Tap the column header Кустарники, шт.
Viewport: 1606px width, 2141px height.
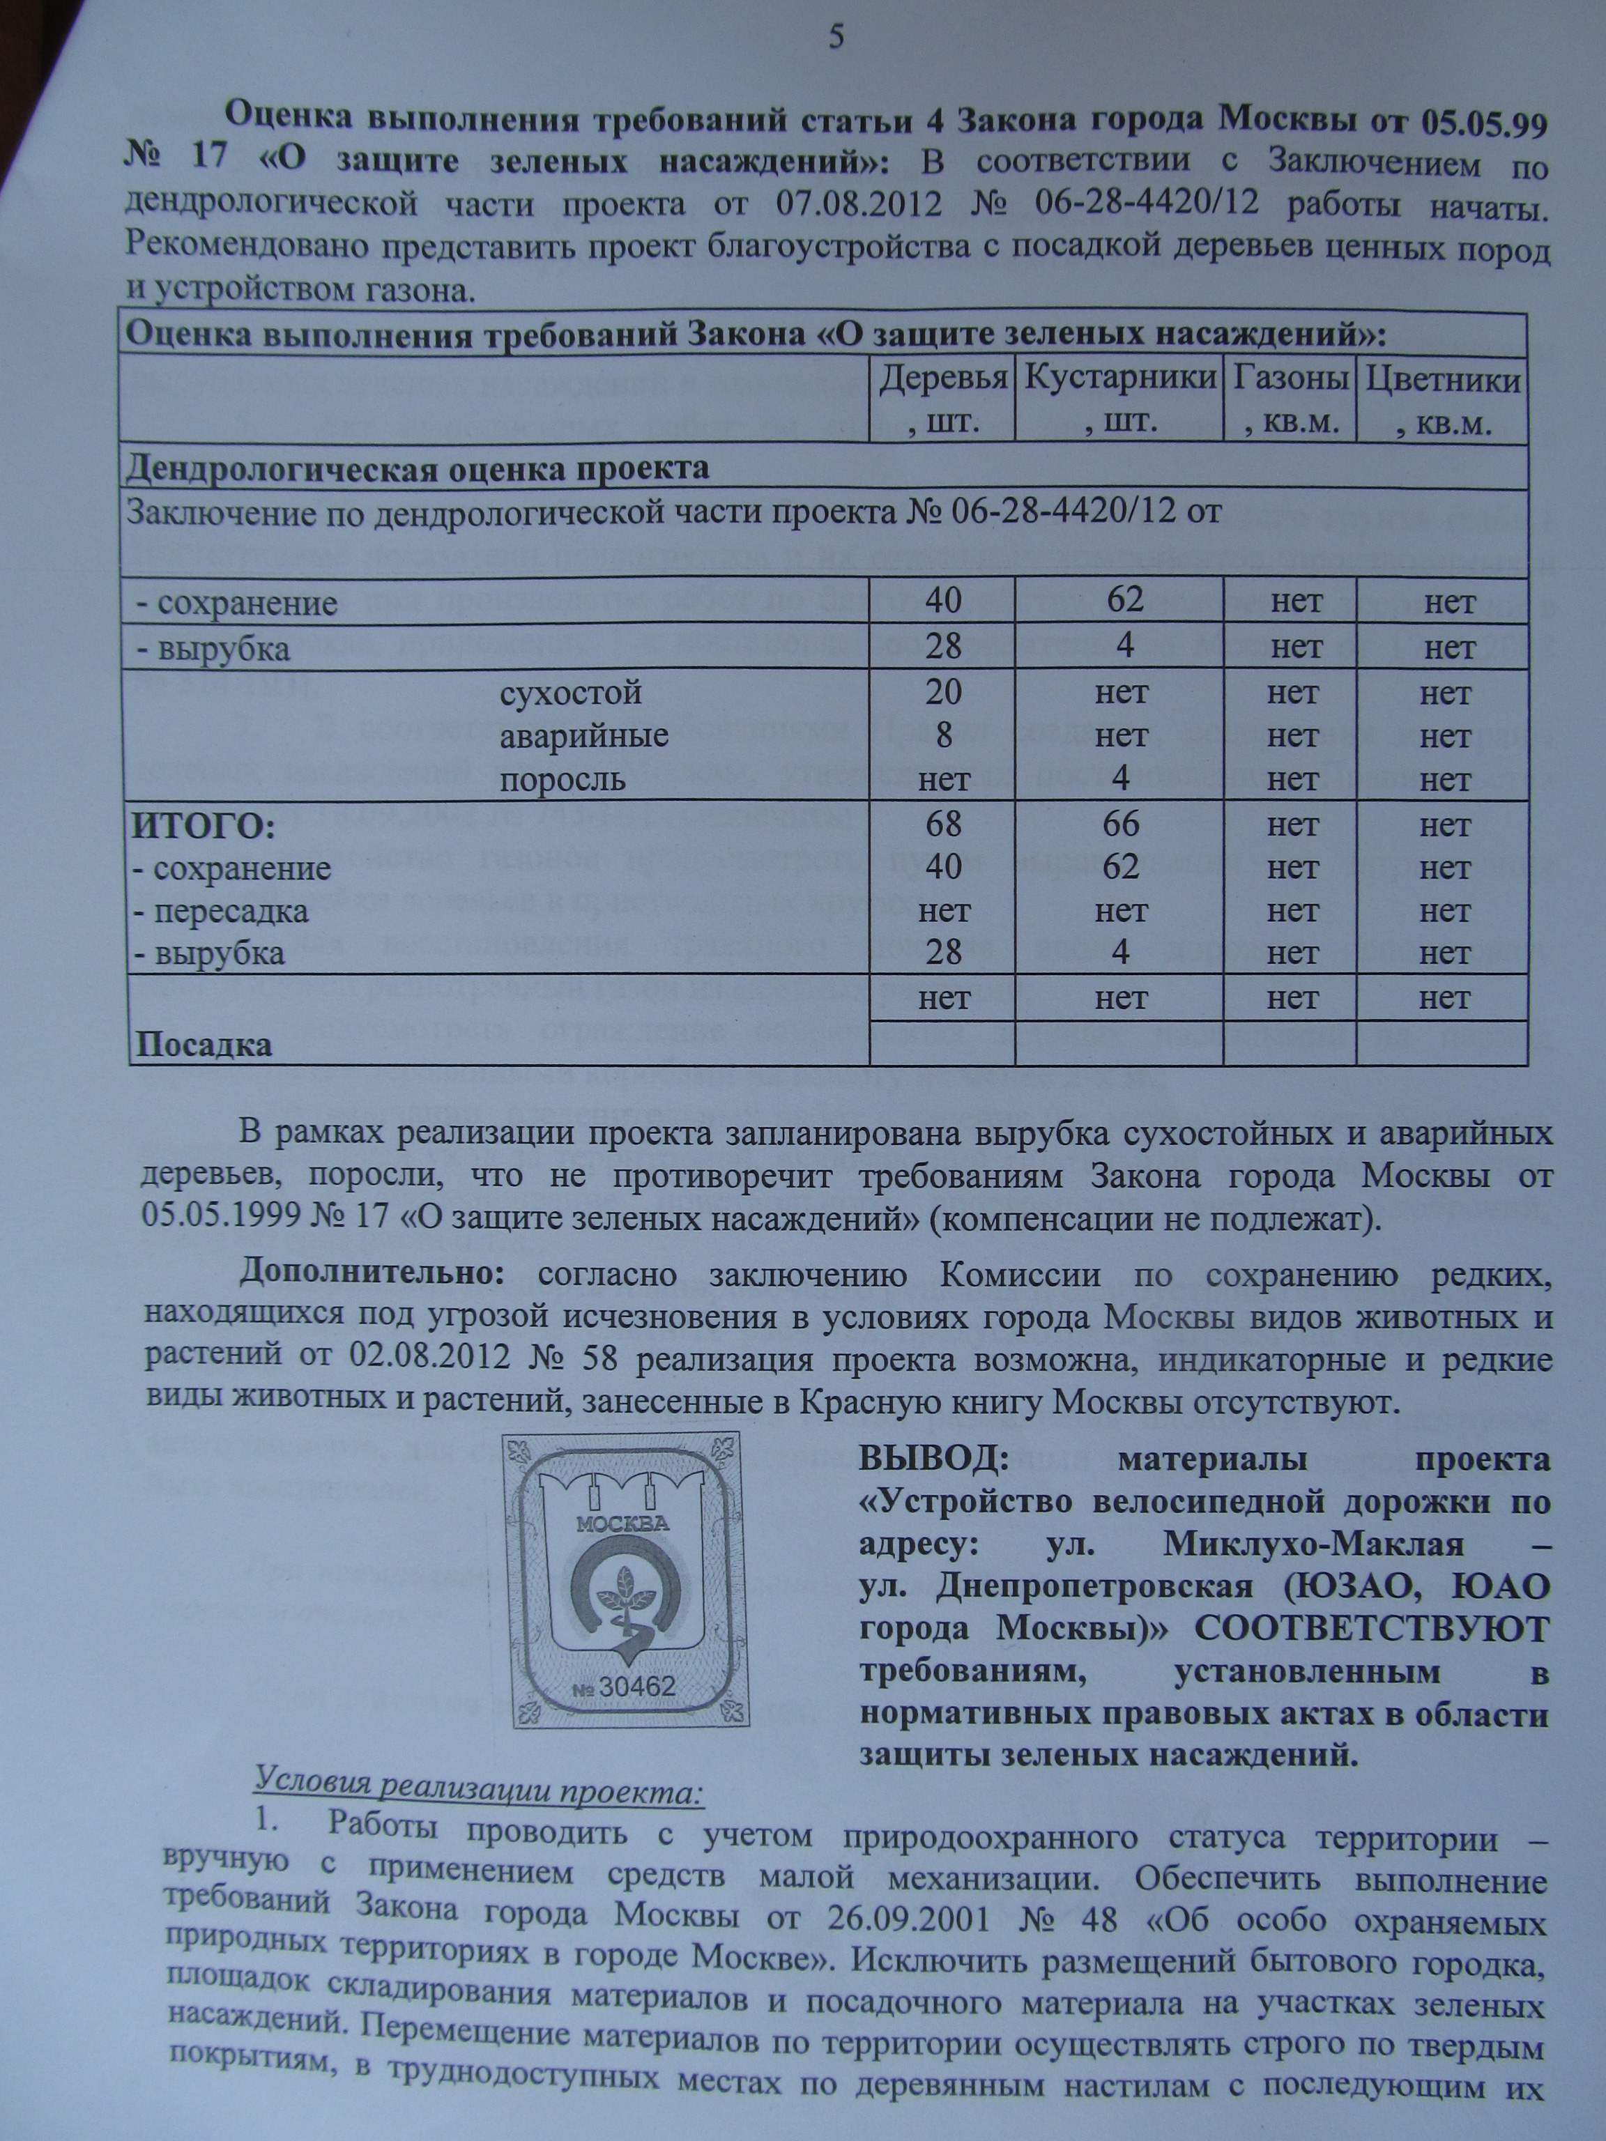point(1120,399)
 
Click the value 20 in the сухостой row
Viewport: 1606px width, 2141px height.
point(943,693)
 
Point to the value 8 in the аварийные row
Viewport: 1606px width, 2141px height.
point(943,735)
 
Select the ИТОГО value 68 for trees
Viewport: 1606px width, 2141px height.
point(943,824)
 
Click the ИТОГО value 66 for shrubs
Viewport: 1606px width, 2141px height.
point(1120,824)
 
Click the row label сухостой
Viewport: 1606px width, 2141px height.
point(571,693)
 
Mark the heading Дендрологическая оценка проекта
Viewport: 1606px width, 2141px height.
point(418,470)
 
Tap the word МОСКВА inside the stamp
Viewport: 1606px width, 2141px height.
point(622,1523)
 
